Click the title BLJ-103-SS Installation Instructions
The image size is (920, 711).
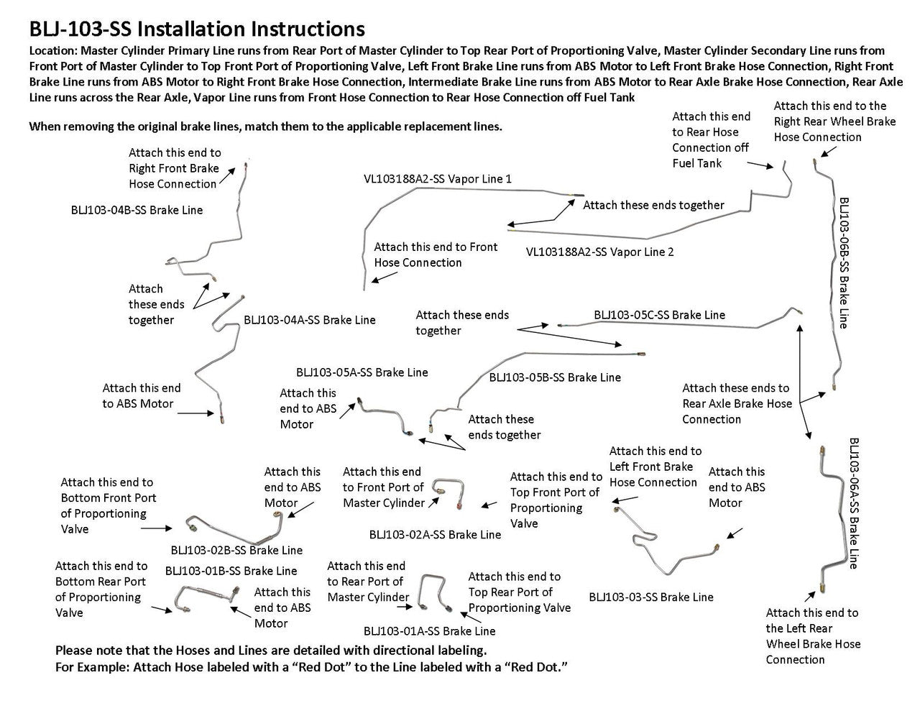(196, 29)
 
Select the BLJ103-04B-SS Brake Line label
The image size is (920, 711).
(137, 211)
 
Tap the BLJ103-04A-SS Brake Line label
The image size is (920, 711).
(309, 320)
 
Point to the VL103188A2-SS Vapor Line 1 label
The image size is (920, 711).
(438, 178)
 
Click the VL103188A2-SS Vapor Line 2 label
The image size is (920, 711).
(599, 252)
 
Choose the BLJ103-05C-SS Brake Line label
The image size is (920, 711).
(659, 315)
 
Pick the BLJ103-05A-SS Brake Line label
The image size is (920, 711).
(362, 372)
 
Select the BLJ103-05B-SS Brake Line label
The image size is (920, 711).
(555, 377)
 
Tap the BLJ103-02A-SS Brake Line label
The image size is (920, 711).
(435, 534)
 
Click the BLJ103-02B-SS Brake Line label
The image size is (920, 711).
(236, 550)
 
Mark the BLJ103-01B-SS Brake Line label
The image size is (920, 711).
(231, 571)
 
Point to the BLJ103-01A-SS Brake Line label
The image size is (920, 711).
(429, 631)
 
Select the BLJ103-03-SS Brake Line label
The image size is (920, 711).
(651, 597)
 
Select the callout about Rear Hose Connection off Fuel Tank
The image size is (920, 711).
(711, 139)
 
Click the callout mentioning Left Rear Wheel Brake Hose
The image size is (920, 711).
(813, 636)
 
